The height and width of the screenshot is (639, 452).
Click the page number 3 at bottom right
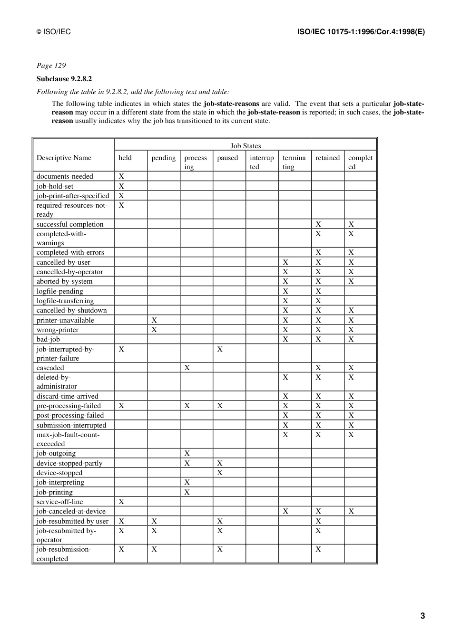(423, 616)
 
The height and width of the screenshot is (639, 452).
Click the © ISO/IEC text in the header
(54, 32)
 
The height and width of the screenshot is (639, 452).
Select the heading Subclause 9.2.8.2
(64, 79)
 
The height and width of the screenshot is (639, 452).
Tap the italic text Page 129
(51, 66)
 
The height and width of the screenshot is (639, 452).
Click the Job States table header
(246, 146)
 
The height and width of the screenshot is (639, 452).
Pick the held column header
(125, 158)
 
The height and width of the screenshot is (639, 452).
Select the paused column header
(227, 158)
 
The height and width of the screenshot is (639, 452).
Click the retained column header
(327, 158)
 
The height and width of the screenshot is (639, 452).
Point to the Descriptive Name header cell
(64, 158)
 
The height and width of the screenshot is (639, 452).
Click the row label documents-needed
(65, 176)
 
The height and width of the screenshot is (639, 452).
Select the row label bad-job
(48, 339)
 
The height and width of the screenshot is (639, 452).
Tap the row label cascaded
(50, 368)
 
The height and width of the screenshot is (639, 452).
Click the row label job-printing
(55, 492)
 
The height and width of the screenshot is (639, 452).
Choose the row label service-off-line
(59, 502)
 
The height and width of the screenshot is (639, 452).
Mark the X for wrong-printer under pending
(154, 330)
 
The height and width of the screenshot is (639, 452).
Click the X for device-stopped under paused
(220, 473)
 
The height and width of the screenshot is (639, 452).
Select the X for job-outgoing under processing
(187, 453)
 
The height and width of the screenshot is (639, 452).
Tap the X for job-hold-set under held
(121, 186)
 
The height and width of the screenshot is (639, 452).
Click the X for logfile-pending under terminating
(285, 291)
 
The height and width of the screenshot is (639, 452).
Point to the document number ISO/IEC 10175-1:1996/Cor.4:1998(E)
(361, 32)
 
